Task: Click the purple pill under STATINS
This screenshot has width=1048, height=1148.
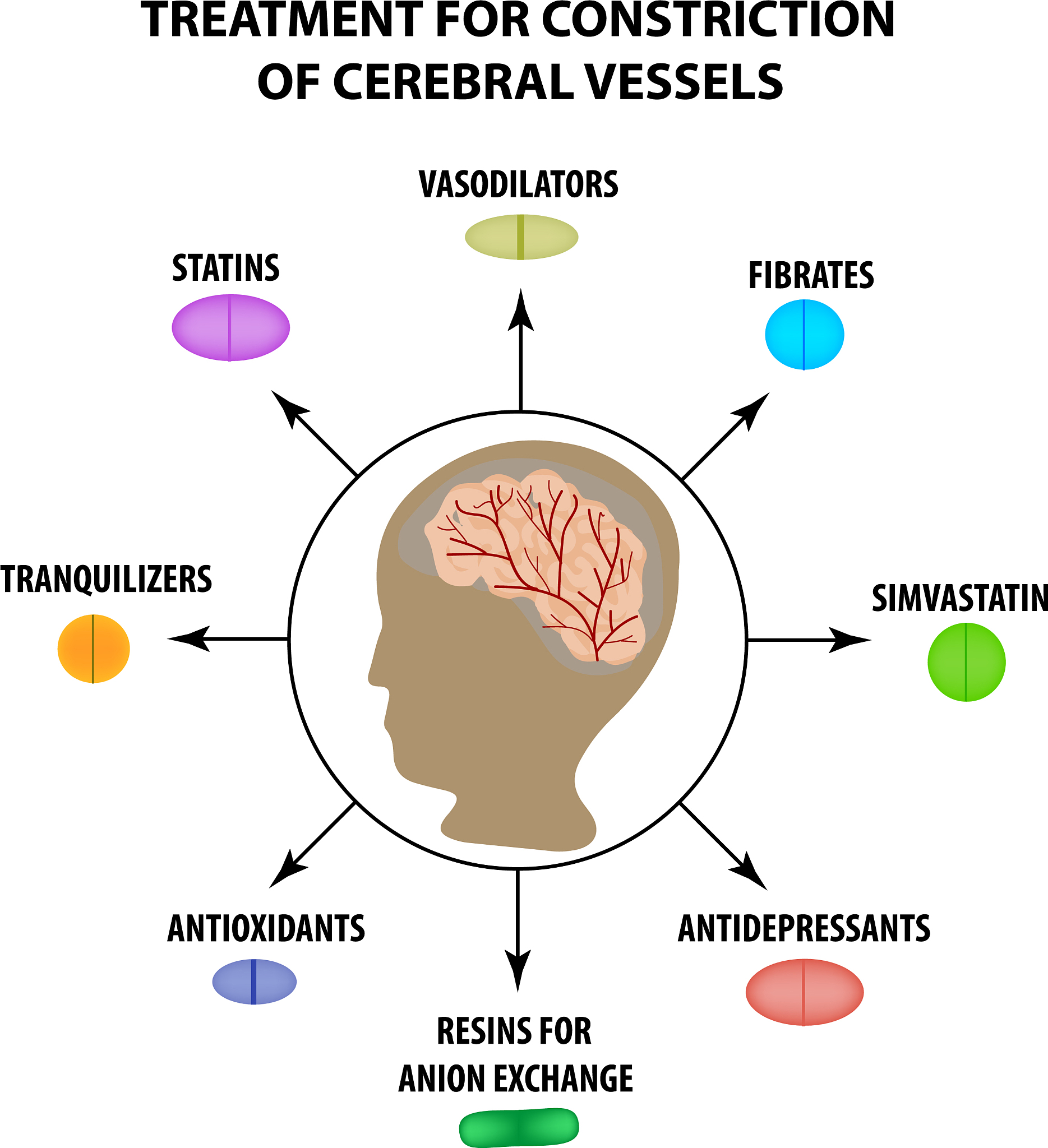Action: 230,328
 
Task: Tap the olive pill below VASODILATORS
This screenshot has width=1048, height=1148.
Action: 521,237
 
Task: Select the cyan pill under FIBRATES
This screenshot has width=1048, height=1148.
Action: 804,335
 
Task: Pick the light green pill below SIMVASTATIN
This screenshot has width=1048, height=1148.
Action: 966,661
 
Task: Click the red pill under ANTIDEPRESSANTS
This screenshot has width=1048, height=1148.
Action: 804,992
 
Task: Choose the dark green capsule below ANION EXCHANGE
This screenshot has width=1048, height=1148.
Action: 519,1127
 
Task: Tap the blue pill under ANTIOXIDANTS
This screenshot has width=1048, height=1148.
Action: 254,982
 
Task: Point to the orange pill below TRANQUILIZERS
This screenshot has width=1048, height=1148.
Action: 94,649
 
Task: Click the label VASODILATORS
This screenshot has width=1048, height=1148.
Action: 518,184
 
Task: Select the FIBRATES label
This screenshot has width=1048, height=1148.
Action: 810,276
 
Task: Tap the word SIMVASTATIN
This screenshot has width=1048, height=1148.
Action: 959,599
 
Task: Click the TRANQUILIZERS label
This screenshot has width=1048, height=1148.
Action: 106,580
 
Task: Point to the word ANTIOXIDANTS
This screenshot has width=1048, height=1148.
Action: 266,929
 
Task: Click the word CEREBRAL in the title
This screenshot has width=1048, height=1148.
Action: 453,81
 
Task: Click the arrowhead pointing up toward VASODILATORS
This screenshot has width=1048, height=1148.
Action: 520,311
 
